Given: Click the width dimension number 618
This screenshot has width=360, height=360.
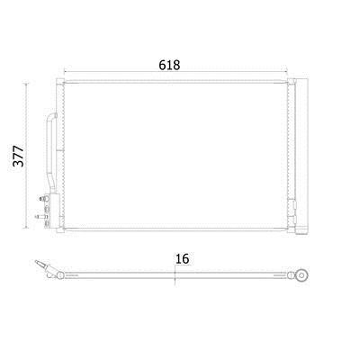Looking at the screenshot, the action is (169, 65).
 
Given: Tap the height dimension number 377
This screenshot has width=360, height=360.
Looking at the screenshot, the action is (19, 156).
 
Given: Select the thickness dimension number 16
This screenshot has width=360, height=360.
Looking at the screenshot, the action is (182, 258).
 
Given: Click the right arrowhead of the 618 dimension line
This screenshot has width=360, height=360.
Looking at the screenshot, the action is (285, 72).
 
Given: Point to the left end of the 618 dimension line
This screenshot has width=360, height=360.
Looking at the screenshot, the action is (65, 72).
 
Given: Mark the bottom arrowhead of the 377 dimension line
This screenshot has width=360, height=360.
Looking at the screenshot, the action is (26, 227).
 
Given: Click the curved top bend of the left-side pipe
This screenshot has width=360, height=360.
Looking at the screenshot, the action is (51, 116).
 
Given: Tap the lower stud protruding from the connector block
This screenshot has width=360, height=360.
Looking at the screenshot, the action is (40, 216).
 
